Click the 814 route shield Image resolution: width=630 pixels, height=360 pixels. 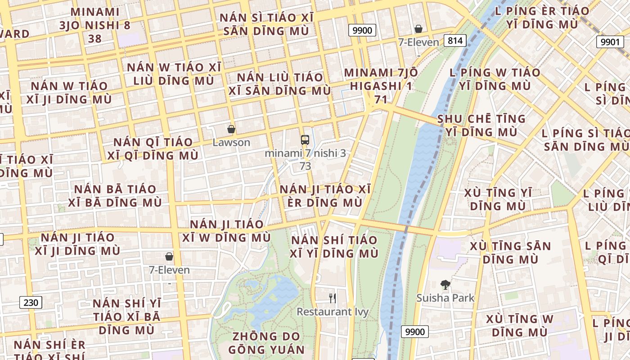(x=455, y=41)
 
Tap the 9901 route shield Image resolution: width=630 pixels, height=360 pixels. (x=610, y=42)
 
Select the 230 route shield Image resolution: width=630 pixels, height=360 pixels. (x=31, y=302)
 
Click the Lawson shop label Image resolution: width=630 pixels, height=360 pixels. (x=231, y=143)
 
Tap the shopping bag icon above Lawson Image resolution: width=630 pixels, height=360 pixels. (x=231, y=130)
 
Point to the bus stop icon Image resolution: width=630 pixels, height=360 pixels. (x=305, y=139)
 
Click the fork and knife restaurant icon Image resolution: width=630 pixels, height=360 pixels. (x=333, y=298)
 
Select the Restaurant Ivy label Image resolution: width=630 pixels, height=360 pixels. (x=333, y=311)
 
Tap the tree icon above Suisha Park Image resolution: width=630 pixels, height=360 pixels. (x=445, y=284)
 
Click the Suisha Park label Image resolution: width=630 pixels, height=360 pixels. (x=445, y=298)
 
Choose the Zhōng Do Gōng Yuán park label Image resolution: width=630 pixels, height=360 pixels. (x=266, y=343)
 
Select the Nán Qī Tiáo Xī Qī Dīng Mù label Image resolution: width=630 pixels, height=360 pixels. (x=153, y=148)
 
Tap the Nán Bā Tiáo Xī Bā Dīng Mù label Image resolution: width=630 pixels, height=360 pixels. (x=115, y=196)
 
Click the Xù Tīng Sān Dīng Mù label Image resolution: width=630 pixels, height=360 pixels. (x=510, y=253)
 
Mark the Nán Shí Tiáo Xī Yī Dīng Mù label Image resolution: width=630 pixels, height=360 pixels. (x=334, y=247)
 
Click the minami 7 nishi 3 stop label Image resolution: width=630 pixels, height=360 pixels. (x=305, y=153)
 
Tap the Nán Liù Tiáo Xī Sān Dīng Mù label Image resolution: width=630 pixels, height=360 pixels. (x=279, y=84)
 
